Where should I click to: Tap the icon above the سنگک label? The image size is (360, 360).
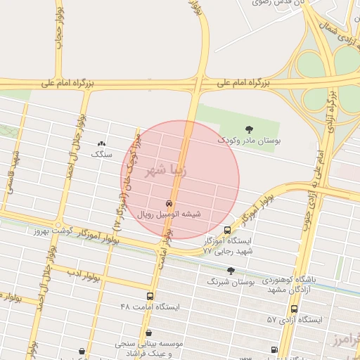[103, 143]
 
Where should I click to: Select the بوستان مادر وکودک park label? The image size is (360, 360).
[248, 141]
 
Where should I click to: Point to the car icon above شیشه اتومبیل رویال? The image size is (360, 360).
[167, 203]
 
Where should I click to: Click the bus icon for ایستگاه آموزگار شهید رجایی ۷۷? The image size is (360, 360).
[227, 229]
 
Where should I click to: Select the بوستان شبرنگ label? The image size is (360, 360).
[231, 281]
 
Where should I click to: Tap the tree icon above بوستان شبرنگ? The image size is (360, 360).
[231, 270]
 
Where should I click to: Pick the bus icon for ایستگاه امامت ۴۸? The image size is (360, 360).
[150, 296]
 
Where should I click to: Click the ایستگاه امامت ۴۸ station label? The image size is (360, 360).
[150, 307]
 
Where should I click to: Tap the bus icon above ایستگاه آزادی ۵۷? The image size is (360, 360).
[294, 309]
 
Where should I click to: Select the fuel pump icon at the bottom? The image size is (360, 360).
[274, 349]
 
